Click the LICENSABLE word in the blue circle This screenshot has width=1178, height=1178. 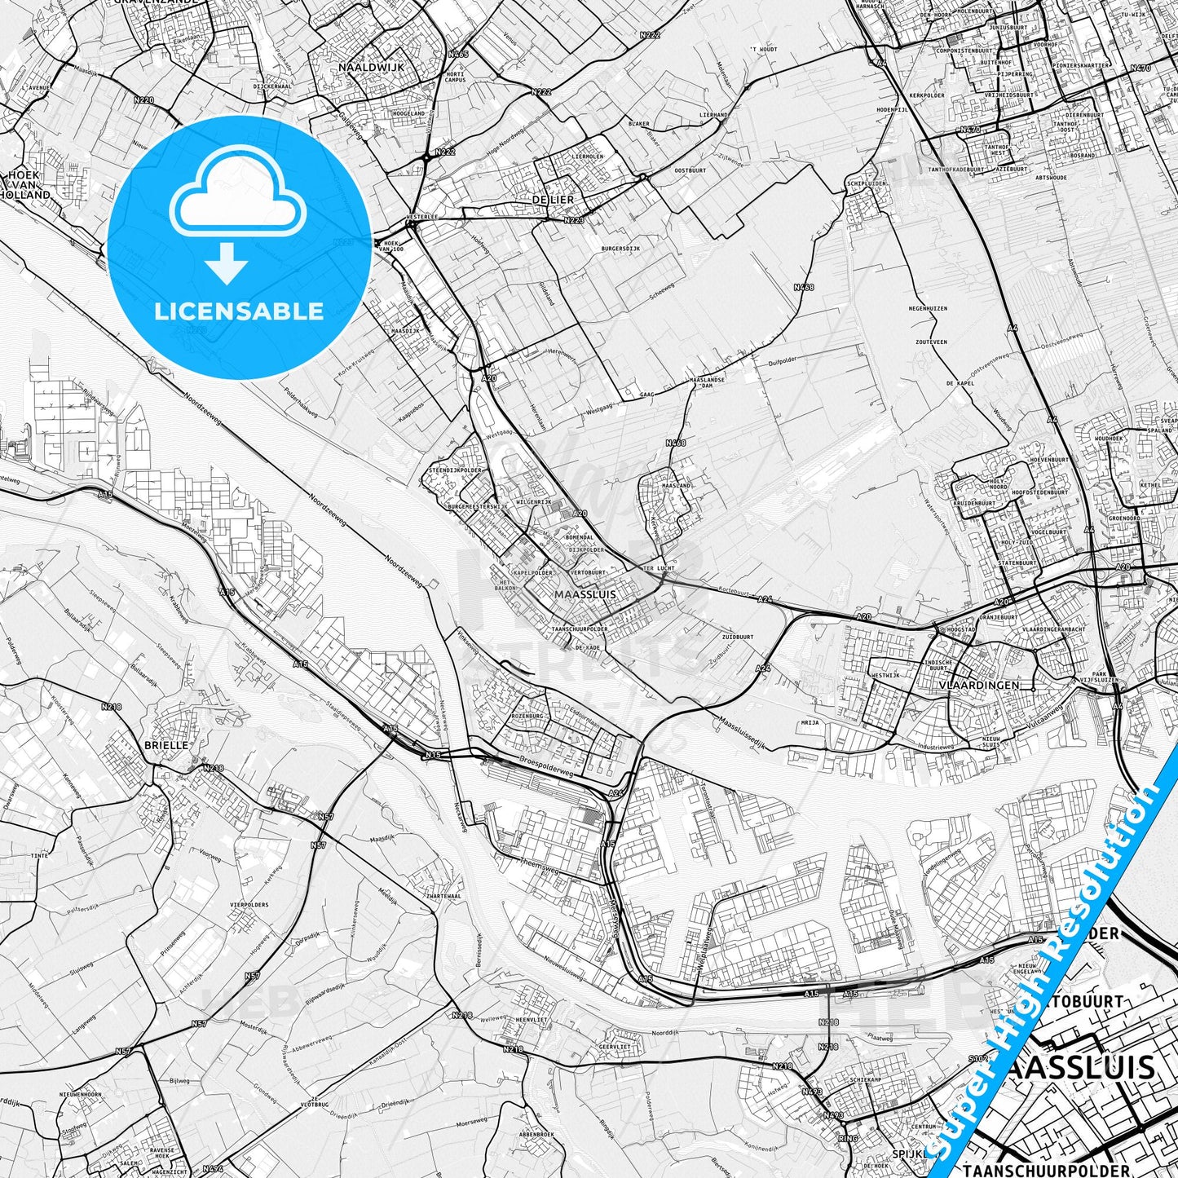click(240, 311)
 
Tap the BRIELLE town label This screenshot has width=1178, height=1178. click(166, 744)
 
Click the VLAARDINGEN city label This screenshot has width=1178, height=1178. click(978, 686)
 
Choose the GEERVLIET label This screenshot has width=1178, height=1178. click(593, 1047)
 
